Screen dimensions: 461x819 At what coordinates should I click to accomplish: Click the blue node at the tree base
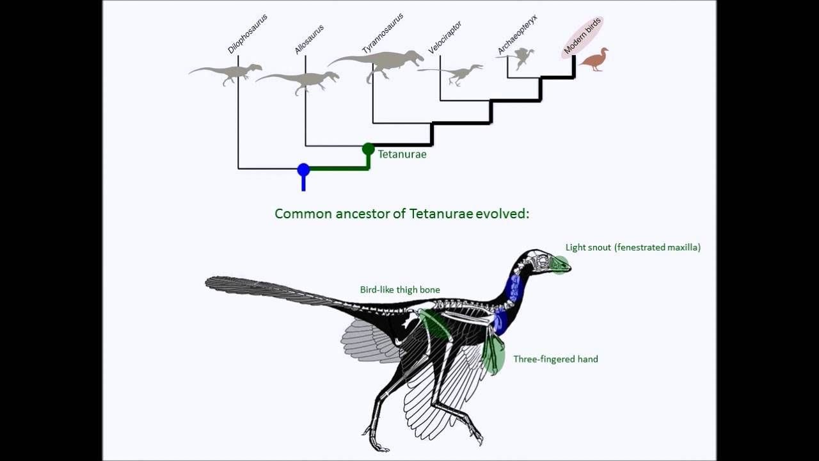point(303,170)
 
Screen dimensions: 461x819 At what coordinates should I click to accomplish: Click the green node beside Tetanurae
point(368,149)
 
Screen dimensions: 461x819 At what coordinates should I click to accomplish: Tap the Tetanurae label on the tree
point(402,154)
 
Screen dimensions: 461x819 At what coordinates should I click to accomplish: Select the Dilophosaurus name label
point(248,34)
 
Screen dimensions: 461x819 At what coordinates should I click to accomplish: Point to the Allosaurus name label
point(309,40)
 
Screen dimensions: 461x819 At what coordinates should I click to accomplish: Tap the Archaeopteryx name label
point(517,34)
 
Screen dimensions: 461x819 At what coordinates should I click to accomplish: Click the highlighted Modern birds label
point(582,37)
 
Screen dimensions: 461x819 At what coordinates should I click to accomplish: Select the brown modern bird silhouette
point(594,60)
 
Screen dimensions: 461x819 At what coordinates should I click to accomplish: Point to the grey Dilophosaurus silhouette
point(227,73)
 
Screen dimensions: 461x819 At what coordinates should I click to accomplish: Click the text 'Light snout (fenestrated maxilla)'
point(633,248)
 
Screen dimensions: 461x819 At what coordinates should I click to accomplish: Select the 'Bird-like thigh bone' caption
point(400,290)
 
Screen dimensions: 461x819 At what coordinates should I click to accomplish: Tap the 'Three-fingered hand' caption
point(555,359)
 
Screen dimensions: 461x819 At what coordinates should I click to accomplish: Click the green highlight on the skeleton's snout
point(560,264)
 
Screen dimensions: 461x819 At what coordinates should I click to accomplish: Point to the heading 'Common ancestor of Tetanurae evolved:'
point(402,214)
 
